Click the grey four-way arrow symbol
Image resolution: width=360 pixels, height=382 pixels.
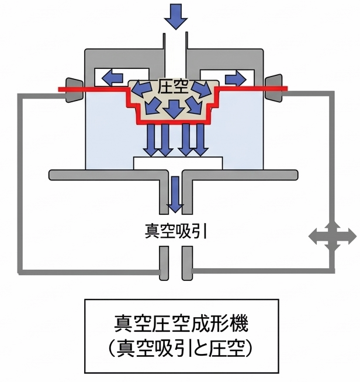point(332,237)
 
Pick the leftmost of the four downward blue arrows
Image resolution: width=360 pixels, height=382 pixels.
point(151,140)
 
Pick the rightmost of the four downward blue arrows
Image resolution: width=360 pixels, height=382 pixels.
point(200,140)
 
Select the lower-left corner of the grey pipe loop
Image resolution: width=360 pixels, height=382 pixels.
point(22,270)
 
